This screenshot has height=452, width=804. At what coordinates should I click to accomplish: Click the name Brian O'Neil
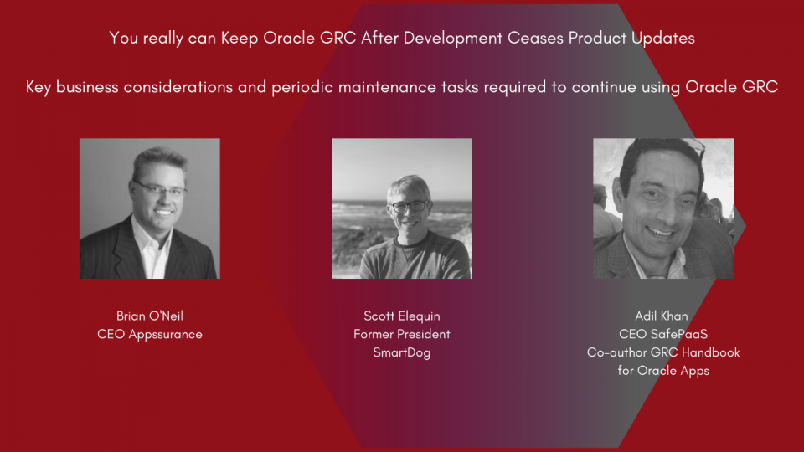point(149,316)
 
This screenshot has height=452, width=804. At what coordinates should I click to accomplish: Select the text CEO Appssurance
point(149,334)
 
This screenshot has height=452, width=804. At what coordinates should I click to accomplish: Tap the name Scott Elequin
point(401,316)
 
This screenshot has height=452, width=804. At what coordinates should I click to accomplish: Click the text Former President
point(401,334)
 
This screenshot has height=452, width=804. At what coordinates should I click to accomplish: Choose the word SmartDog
point(401,352)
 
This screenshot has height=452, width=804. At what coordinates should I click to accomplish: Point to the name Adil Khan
point(662,316)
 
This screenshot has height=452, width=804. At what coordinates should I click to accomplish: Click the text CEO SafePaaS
point(662,334)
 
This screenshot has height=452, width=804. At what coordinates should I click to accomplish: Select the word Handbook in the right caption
point(711,352)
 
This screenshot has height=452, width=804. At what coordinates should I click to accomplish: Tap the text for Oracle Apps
point(662,371)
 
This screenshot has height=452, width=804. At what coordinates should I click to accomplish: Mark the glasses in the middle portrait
point(409,205)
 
